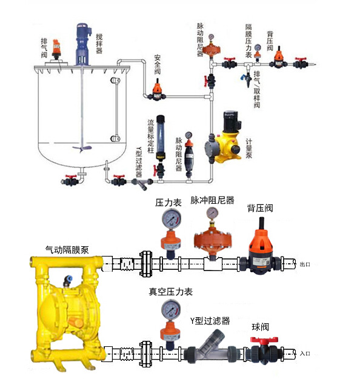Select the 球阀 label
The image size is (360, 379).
click(261, 327)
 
